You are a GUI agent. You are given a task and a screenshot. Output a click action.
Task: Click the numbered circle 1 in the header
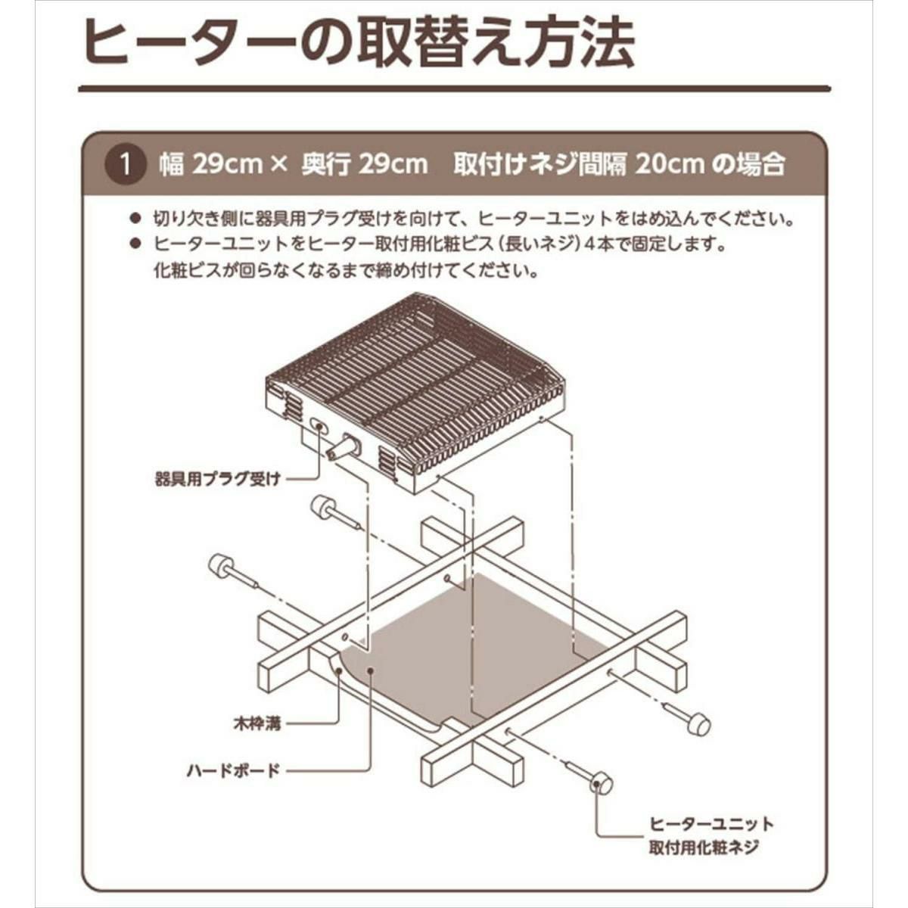125,166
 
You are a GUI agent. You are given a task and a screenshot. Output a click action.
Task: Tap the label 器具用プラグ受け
218,480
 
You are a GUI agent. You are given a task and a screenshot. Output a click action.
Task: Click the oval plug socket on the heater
319,427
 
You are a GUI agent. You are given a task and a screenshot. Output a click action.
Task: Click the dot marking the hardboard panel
371,670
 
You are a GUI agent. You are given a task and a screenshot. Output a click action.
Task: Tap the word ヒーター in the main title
189,43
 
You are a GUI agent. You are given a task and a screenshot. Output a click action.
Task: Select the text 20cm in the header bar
669,165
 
